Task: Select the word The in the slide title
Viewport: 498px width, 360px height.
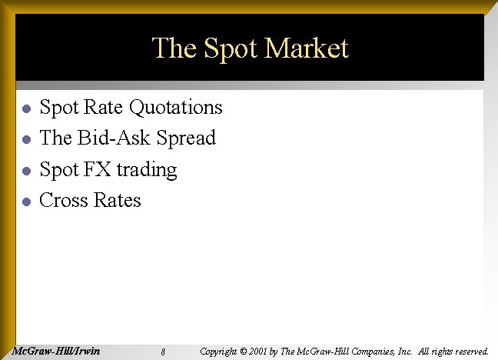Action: tap(174, 48)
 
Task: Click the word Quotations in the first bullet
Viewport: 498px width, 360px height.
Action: tap(176, 107)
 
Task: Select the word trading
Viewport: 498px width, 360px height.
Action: tap(147, 170)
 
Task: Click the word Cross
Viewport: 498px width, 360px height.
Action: tap(64, 201)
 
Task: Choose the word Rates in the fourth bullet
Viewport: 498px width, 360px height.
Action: tap(118, 201)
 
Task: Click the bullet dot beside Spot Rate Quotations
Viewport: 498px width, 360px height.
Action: tap(25, 108)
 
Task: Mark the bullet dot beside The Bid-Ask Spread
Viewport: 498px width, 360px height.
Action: tap(25, 139)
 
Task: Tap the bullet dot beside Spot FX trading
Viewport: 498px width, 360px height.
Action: tap(25, 171)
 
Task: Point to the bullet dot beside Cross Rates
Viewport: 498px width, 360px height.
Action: tap(25, 202)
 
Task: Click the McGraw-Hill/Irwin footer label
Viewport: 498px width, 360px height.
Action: tap(58, 351)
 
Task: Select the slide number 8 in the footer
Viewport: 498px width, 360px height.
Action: tap(164, 352)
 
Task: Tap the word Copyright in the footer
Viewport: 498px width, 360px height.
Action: tap(218, 352)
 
